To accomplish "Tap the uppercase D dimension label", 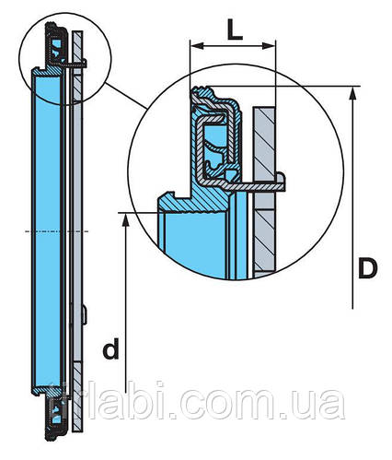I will [368, 269].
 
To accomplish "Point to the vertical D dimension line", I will [353, 203].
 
